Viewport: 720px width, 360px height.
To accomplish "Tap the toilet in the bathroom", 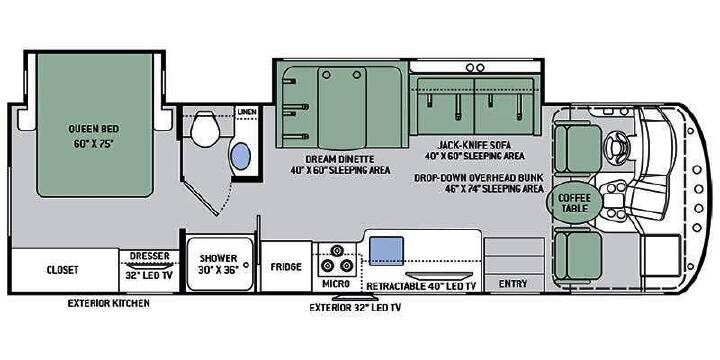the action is point(204,129).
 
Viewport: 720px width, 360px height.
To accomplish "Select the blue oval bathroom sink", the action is point(240,156).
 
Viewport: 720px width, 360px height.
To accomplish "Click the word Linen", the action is point(247,112).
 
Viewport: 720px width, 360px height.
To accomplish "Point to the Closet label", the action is point(62,270).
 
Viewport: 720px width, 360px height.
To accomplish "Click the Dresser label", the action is point(149,256).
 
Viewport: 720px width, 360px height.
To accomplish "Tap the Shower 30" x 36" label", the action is point(218,264).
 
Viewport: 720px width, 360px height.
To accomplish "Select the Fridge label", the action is point(286,267).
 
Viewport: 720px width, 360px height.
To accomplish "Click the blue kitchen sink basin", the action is point(386,251).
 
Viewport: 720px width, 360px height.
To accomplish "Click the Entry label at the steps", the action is point(513,284).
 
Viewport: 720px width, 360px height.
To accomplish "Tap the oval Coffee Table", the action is point(574,203).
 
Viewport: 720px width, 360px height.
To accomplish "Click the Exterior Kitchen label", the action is point(108,303).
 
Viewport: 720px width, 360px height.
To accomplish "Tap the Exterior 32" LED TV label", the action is point(355,307).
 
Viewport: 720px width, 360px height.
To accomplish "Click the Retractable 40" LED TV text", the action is point(421,286).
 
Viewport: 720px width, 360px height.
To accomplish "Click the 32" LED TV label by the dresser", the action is point(149,276).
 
